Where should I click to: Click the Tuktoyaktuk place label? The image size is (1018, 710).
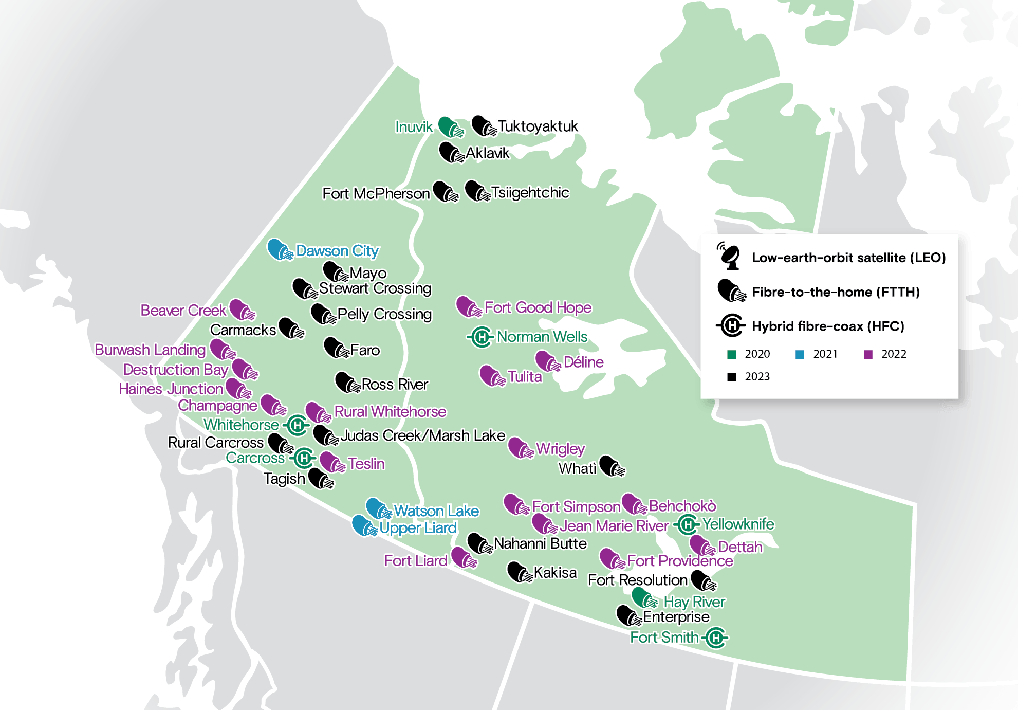[538, 126]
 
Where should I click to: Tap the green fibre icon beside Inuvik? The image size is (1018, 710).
[451, 126]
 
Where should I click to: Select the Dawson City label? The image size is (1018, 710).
[337, 251]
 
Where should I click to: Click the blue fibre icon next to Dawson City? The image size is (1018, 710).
[280, 250]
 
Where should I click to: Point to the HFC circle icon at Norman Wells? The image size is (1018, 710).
[482, 337]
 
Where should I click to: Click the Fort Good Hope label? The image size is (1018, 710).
[538, 307]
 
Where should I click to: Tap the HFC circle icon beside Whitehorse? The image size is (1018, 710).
[297, 425]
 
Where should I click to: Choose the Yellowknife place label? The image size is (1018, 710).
[738, 524]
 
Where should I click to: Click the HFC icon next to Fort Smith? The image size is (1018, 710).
[715, 638]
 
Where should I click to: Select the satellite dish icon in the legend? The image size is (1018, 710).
[729, 256]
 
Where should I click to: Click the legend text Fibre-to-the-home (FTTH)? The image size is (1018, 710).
[836, 292]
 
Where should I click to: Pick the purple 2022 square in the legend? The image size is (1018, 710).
[868, 354]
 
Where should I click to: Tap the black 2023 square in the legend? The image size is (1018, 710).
[732, 377]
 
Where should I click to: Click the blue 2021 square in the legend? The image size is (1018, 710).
[800, 354]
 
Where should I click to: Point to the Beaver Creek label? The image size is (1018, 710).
[183, 311]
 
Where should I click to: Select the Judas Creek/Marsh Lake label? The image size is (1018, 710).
[423, 435]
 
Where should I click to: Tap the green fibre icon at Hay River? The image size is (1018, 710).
[644, 598]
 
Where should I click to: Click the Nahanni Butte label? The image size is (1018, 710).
[540, 543]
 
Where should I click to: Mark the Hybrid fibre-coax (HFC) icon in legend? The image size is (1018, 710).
[731, 325]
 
